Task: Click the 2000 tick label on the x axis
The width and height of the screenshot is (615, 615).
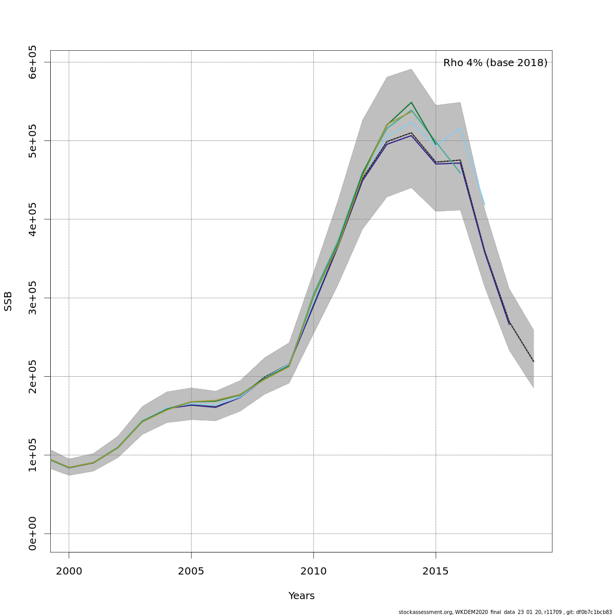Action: tap(69, 571)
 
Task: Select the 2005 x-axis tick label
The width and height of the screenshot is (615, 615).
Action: tap(191, 571)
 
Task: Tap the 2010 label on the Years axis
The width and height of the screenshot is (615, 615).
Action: tap(313, 571)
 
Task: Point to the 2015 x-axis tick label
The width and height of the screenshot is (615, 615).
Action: tap(436, 571)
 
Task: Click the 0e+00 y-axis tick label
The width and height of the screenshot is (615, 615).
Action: tap(33, 534)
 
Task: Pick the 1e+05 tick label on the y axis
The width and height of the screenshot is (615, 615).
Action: tap(33, 455)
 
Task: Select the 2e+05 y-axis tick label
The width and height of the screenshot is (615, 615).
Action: tap(33, 376)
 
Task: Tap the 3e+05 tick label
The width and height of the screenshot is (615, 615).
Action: tap(33, 298)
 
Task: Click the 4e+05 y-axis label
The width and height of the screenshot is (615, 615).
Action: tap(33, 219)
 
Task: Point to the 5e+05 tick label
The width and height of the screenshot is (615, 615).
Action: tap(33, 140)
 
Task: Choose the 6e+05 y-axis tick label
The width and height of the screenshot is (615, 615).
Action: tap(33, 62)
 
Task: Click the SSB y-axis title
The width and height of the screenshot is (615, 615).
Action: tap(8, 301)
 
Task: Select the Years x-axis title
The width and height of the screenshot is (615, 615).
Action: tap(301, 596)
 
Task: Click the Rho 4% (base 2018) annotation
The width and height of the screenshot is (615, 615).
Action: tap(495, 63)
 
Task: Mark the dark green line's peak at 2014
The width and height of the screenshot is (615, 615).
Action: tap(411, 102)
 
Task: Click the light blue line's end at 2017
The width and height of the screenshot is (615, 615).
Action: tap(484, 205)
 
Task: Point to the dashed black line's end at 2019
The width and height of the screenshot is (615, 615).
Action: tap(534, 362)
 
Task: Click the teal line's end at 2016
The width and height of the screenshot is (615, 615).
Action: tap(460, 173)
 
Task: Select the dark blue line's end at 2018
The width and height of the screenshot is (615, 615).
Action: tap(509, 324)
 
